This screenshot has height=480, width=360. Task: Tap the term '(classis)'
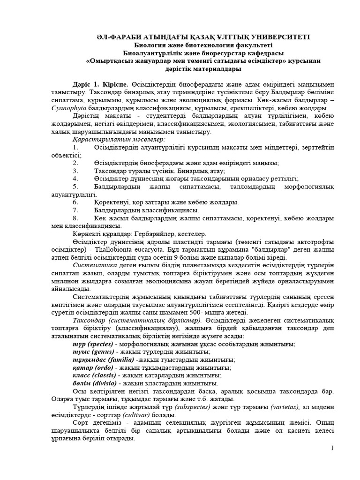102,375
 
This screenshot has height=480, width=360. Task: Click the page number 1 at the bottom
332,449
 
